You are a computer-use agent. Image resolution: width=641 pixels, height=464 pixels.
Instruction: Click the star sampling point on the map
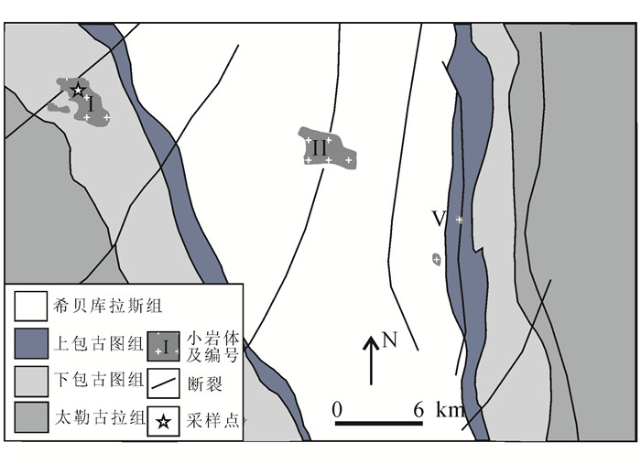click(x=77, y=90)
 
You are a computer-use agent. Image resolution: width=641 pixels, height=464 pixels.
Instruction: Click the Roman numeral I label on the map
click(x=92, y=103)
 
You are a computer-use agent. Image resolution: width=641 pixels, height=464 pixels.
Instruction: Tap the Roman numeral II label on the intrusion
click(x=320, y=147)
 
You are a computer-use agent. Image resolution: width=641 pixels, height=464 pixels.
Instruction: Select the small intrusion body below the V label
click(x=437, y=260)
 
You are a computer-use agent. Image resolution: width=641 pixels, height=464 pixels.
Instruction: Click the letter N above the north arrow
click(x=390, y=340)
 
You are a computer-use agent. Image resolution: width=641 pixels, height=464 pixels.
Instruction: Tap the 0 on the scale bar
click(x=337, y=409)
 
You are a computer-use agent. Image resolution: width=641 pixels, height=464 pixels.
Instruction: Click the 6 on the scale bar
click(x=418, y=409)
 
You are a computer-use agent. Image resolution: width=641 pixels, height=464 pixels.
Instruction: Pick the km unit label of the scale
click(x=451, y=409)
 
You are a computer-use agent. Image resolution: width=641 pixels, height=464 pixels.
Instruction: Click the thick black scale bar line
click(x=377, y=424)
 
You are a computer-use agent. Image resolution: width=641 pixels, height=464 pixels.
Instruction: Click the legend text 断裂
click(x=208, y=383)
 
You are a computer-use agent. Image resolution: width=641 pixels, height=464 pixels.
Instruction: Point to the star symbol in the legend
click(x=163, y=421)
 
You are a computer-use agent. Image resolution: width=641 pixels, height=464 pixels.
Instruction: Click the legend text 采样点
click(x=215, y=421)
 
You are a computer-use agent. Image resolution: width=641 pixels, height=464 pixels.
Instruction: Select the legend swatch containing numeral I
click(x=163, y=345)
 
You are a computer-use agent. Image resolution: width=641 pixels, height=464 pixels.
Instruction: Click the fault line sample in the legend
click(x=163, y=383)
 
